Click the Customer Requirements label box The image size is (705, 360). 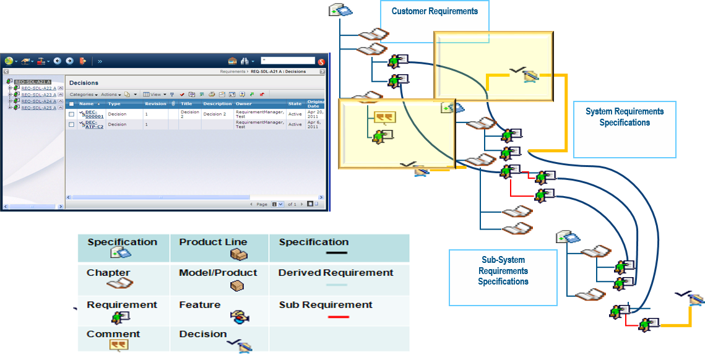[435, 11]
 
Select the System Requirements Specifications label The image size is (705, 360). [624, 117]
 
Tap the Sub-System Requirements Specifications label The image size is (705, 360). [503, 271]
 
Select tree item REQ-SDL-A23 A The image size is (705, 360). [38, 95]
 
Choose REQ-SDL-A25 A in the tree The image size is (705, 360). [38, 108]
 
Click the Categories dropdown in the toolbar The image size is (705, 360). [84, 95]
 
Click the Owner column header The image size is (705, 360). [244, 104]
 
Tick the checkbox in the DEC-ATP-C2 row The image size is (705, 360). [72, 124]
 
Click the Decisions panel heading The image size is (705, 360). [84, 82]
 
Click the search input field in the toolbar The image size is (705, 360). [288, 61]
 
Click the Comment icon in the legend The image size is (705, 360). [119, 345]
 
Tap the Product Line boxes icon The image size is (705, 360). [238, 254]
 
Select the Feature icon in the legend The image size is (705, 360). [239, 317]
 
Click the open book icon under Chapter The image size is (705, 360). [119, 284]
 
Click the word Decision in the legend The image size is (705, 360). [203, 334]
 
